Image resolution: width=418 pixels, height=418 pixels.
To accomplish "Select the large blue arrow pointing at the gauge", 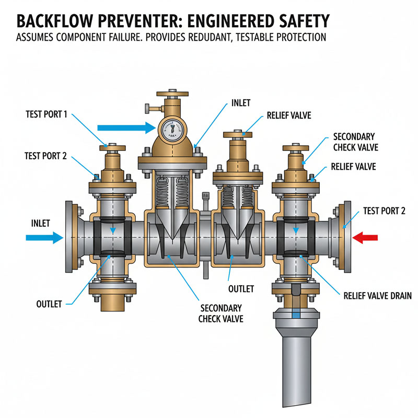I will point(123,127).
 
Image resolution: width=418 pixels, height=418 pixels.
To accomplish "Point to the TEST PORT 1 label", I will point(46,114).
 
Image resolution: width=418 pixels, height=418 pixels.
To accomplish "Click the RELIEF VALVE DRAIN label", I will point(377,296).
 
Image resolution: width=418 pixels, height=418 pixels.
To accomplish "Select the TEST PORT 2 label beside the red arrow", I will point(385,211).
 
